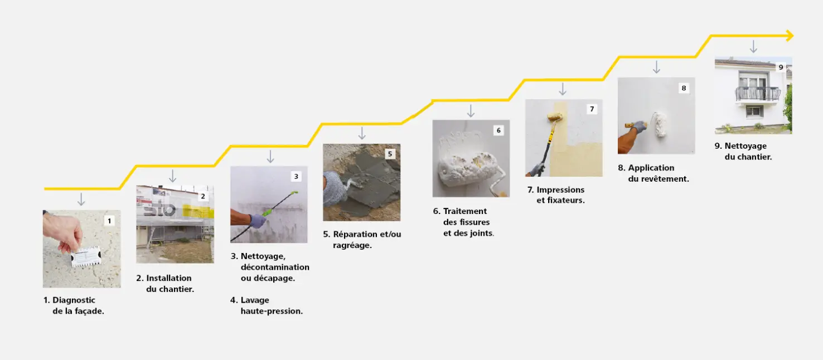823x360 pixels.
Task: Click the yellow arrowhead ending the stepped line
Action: click(x=790, y=36)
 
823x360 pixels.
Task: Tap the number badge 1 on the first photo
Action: click(x=109, y=221)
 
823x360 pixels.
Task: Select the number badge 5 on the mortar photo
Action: click(x=390, y=154)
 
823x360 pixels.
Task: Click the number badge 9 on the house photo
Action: click(x=781, y=67)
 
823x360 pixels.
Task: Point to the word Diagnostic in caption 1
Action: click(x=74, y=300)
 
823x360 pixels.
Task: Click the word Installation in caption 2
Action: click(x=168, y=278)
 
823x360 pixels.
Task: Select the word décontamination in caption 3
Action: click(x=275, y=267)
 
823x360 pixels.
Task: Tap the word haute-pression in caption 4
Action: click(x=272, y=311)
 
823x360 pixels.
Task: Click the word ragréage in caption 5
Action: click(x=352, y=245)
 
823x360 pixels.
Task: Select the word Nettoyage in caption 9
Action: click(x=745, y=146)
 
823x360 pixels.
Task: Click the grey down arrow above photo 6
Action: click(x=471, y=111)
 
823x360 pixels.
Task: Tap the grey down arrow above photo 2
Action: click(x=172, y=176)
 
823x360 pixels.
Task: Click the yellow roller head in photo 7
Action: click(x=555, y=117)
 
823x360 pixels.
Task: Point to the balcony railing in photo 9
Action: click(x=758, y=94)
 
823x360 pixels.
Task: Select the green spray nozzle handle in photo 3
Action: click(x=267, y=212)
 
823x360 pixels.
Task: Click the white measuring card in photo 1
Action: click(x=86, y=256)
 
